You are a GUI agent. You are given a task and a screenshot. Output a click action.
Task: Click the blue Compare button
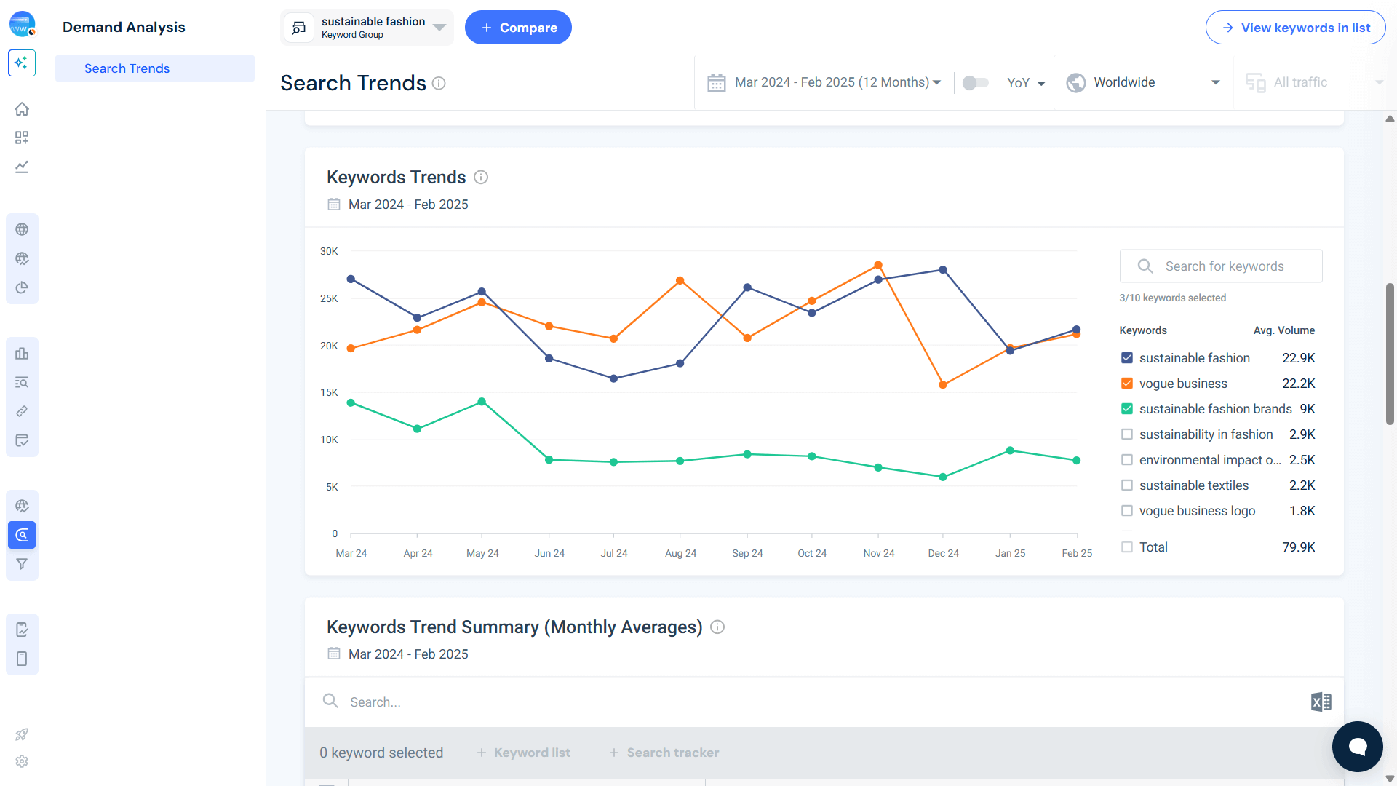pyautogui.click(x=518, y=28)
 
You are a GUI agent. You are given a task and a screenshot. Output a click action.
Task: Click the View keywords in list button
pyautogui.click(x=1295, y=28)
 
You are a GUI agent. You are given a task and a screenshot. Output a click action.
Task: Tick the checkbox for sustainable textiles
pyautogui.click(x=1127, y=485)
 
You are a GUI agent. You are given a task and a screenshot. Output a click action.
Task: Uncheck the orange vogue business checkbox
pyautogui.click(x=1127, y=384)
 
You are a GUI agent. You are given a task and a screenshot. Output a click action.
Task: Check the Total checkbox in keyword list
pyautogui.click(x=1127, y=547)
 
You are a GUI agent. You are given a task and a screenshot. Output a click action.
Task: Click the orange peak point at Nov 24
pyautogui.click(x=878, y=266)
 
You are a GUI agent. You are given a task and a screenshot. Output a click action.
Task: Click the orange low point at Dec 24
pyautogui.click(x=943, y=385)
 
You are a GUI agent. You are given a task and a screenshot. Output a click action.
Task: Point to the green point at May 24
pyautogui.click(x=482, y=402)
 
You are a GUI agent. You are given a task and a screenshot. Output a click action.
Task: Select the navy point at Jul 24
pyautogui.click(x=613, y=378)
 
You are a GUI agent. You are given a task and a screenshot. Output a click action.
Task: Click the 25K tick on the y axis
pyautogui.click(x=329, y=298)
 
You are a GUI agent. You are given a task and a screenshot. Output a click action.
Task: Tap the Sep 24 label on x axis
pyautogui.click(x=747, y=553)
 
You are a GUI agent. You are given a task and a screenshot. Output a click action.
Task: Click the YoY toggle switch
pyautogui.click(x=975, y=83)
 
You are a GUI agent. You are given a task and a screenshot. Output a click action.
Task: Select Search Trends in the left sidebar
pyautogui.click(x=127, y=68)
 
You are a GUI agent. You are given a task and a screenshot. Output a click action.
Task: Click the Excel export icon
pyautogui.click(x=1321, y=702)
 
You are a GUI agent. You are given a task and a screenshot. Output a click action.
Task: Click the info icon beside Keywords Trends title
pyautogui.click(x=481, y=177)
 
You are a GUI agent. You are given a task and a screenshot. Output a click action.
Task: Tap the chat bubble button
pyautogui.click(x=1357, y=747)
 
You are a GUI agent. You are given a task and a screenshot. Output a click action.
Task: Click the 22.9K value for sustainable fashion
pyautogui.click(x=1298, y=358)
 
